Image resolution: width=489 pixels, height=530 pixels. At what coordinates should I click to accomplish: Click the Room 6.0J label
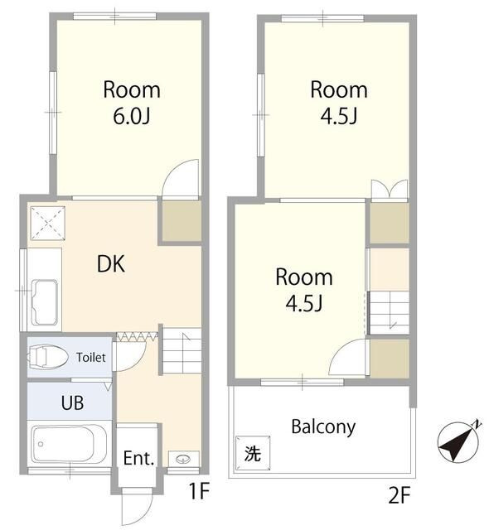(x=132, y=103)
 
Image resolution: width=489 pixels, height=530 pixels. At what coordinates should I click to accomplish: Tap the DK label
(x=111, y=264)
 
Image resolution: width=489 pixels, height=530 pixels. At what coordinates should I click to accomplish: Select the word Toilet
(x=91, y=357)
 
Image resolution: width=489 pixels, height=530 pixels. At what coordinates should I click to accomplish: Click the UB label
(x=72, y=402)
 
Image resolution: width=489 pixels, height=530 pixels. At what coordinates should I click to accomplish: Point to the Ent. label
(x=138, y=458)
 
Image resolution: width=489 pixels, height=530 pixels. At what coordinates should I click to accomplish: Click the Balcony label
(x=323, y=427)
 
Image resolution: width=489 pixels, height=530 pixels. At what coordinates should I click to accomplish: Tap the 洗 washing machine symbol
(x=253, y=453)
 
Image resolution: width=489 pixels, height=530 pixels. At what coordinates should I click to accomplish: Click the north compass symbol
(x=459, y=441)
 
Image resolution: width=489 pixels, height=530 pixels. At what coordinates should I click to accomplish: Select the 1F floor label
(x=199, y=491)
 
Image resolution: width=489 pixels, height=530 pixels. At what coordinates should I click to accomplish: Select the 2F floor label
(x=399, y=496)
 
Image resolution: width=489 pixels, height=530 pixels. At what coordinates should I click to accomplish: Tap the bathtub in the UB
(x=69, y=444)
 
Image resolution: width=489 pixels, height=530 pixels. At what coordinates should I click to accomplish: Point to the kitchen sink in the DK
(x=44, y=302)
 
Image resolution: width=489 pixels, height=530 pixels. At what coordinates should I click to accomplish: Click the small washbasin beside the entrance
(x=183, y=459)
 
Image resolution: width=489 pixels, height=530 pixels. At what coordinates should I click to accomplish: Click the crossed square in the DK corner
(x=48, y=223)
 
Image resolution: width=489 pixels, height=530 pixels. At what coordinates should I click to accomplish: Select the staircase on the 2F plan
(x=390, y=313)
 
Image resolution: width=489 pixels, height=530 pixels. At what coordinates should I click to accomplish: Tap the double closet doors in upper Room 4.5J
(x=390, y=189)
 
